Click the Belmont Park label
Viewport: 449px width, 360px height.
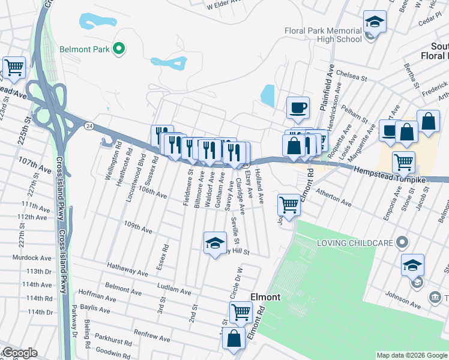[x=84, y=49]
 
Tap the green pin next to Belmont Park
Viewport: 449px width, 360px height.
[x=119, y=49]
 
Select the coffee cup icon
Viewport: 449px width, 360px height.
[x=298, y=108]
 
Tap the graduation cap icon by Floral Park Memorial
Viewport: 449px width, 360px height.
[x=375, y=22]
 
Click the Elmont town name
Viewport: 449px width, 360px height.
[x=265, y=297]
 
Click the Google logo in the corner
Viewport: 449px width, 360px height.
[x=20, y=353]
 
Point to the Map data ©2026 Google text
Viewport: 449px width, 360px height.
[x=412, y=355]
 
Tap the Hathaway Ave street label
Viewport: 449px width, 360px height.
[x=127, y=269]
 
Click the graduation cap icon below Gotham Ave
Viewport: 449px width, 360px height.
[x=214, y=243]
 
